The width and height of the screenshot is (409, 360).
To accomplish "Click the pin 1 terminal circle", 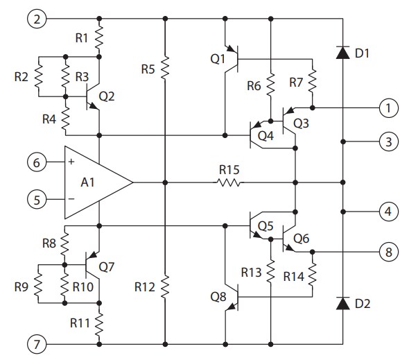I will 389,108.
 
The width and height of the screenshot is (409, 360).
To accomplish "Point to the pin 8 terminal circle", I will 389,251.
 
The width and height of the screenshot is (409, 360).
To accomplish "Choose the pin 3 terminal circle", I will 389,143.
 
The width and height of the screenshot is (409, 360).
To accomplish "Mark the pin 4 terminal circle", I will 389,211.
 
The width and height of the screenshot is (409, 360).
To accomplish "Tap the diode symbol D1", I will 343,53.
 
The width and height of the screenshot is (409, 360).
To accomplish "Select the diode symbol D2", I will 343,303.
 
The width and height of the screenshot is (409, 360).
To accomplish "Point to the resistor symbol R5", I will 165,69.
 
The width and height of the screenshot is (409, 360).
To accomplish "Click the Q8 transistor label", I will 218,296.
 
